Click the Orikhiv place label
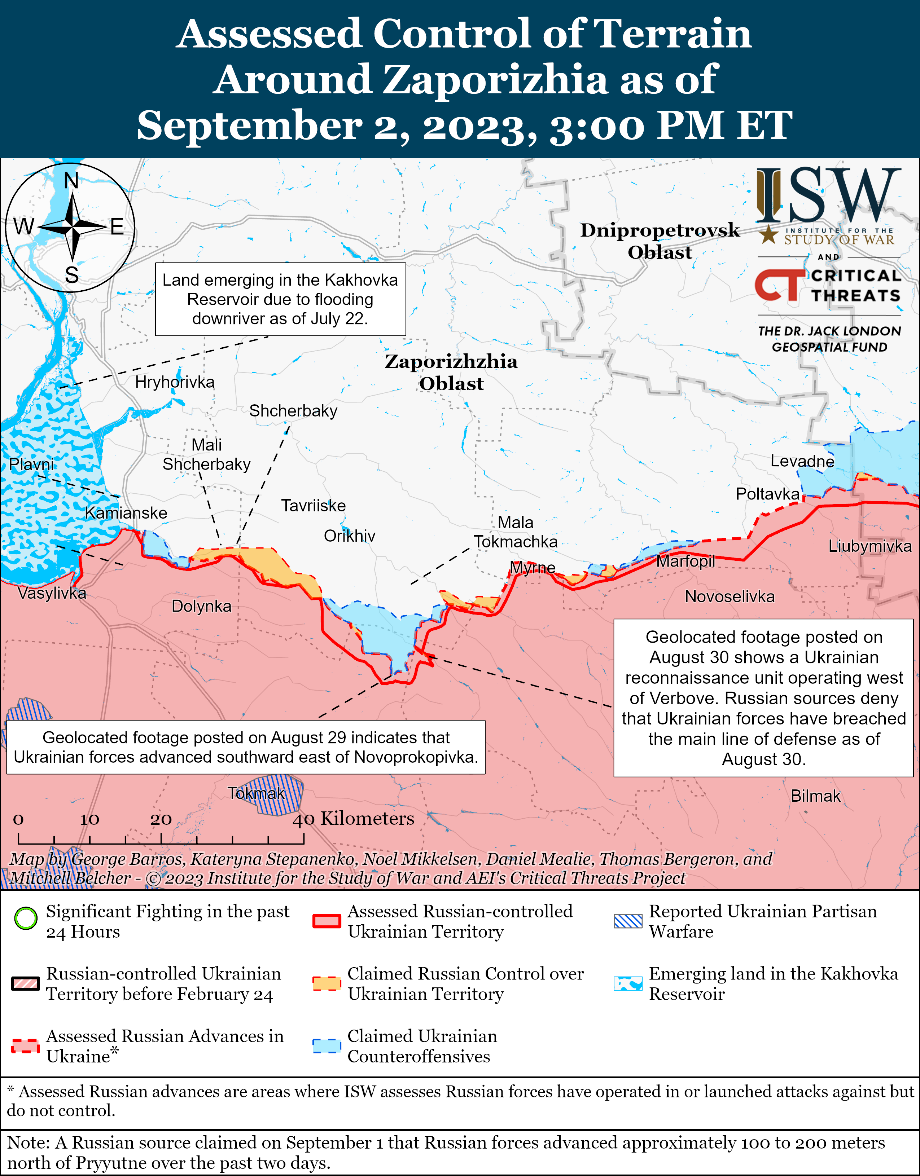coord(349,536)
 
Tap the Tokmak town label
coord(256,793)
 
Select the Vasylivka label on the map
coord(52,593)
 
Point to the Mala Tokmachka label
coord(516,532)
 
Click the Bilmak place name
coord(815,796)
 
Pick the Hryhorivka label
coord(175,382)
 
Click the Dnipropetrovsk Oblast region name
coord(660,241)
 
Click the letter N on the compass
coord(71,181)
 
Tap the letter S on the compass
coord(72,276)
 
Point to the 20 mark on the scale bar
coord(161,820)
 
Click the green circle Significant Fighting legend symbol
coord(25,919)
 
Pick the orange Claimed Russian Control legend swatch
coord(327,983)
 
